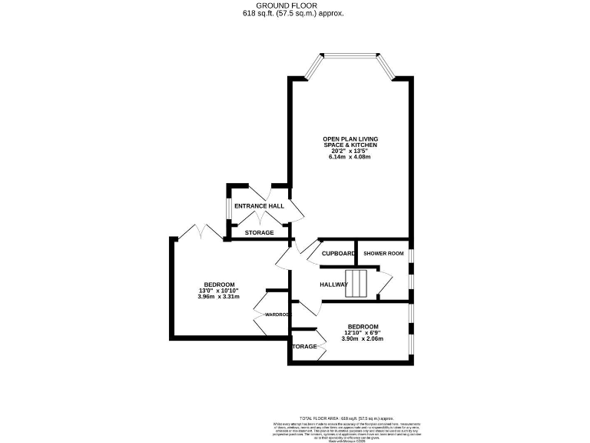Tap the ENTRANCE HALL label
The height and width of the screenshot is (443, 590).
point(259,206)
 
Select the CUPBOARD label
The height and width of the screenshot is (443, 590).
point(338,254)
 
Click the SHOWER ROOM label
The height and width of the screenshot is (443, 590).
point(383,254)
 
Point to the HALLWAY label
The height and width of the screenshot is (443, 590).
point(334,285)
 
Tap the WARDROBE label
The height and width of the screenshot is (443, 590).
point(277,315)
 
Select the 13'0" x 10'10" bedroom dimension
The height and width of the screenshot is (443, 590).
point(219,290)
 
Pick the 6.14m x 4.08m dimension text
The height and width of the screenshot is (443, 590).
point(350,157)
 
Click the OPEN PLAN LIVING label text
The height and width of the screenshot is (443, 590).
point(350,138)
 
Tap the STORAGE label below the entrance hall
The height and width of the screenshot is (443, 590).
point(259,232)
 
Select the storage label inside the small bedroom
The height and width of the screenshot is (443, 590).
point(305,346)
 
